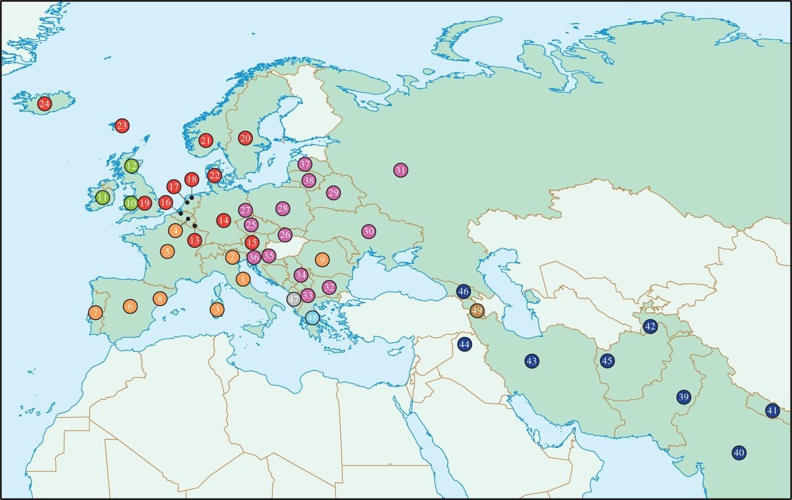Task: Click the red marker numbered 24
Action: pos(45,103)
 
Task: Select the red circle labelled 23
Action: pos(122,126)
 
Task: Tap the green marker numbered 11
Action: pos(103,198)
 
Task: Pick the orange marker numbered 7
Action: pos(95,312)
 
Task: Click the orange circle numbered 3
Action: pos(217,309)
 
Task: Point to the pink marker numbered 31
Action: pos(401,170)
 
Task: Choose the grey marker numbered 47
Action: pos(294,299)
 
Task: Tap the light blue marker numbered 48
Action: pos(312,318)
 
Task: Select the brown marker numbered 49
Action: pos(477,310)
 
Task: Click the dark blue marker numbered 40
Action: pos(738,453)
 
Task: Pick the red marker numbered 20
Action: pos(245,138)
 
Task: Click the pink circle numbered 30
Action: pos(369,231)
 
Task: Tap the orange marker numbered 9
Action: pos(322,259)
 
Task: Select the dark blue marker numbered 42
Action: pos(650,327)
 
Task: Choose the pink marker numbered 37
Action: pos(304,164)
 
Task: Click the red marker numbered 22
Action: pos(214,175)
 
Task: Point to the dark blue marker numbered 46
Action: pos(463,291)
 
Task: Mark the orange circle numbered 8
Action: pos(160,299)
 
